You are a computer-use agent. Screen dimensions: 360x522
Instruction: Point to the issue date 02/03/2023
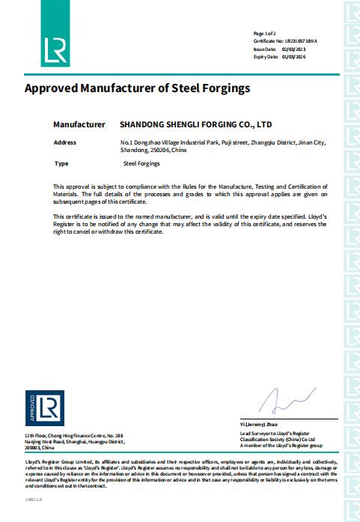pyautogui.click(x=293, y=49)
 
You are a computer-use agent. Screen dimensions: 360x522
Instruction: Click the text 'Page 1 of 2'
pyautogui.click(x=265, y=34)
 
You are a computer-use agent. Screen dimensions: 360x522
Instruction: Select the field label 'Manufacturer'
pyautogui.click(x=79, y=124)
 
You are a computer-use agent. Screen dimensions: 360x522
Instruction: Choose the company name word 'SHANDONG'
pyautogui.click(x=144, y=124)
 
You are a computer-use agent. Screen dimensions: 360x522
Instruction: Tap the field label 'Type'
pyautogui.click(x=62, y=163)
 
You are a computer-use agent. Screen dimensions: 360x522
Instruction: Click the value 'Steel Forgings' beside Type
pyautogui.click(x=141, y=163)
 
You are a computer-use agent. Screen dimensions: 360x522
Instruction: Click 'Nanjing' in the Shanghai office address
pyautogui.click(x=34, y=441)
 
